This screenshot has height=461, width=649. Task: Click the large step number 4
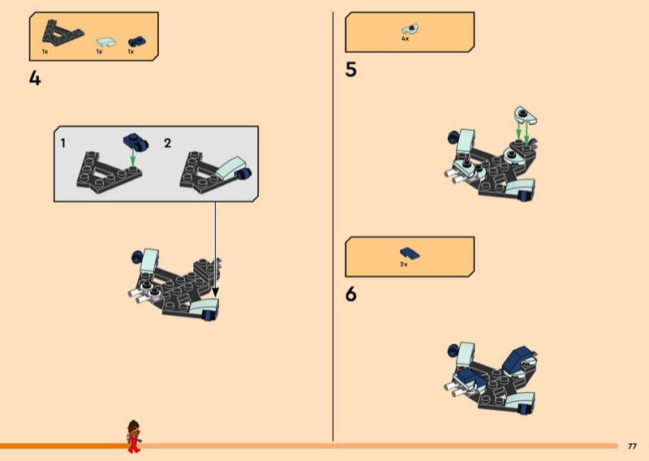click(35, 78)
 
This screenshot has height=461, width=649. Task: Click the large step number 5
click(350, 69)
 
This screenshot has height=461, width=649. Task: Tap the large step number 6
click(350, 294)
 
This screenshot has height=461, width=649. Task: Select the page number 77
click(632, 446)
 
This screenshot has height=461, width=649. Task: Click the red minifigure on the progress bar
click(134, 436)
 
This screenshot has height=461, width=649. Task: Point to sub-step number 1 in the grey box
click(63, 144)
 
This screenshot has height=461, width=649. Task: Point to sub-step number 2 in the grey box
click(167, 144)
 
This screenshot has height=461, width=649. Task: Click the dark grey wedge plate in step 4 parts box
click(62, 32)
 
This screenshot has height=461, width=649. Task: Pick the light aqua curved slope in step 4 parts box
click(106, 42)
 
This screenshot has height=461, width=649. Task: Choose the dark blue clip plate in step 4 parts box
click(136, 41)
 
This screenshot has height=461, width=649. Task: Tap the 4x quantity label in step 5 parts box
click(405, 38)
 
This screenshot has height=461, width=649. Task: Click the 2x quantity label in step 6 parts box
click(404, 265)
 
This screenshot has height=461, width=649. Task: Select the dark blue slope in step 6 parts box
click(410, 253)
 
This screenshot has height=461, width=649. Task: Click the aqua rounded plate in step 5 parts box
click(410, 29)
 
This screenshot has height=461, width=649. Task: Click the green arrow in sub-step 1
click(132, 157)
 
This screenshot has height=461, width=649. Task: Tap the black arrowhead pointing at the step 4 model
click(215, 292)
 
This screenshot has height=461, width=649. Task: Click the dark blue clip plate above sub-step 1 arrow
click(135, 141)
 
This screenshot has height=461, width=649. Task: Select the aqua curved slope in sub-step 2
click(229, 168)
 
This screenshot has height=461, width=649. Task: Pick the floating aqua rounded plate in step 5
click(525, 115)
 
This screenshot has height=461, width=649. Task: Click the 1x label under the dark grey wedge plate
click(45, 52)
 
